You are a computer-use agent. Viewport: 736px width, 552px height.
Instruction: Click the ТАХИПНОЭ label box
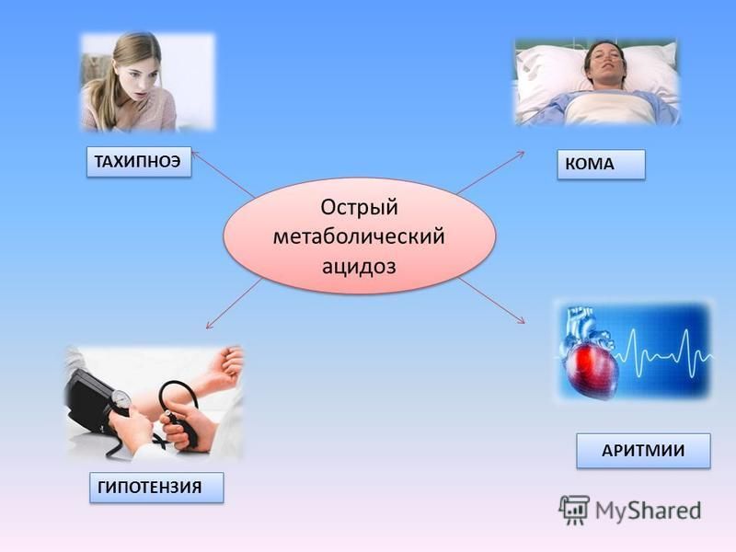(x=139, y=162)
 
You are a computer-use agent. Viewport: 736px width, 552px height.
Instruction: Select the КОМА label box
(x=602, y=165)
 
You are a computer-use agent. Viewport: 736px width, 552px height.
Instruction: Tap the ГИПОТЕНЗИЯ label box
(x=156, y=488)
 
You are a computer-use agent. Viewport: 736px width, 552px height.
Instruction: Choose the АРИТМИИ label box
(x=643, y=451)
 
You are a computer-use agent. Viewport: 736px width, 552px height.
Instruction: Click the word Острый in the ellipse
(x=359, y=207)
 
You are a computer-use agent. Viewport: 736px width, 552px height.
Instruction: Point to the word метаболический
(x=359, y=236)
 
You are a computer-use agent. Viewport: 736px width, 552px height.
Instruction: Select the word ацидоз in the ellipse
(x=359, y=266)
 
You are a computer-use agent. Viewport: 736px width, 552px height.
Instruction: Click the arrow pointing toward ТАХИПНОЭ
(x=224, y=174)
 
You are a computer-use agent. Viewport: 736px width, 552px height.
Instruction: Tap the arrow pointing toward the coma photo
(x=491, y=172)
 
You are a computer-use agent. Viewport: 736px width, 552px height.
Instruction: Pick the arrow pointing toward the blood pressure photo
(x=235, y=304)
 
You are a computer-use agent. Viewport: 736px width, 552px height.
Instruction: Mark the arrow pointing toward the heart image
(x=491, y=300)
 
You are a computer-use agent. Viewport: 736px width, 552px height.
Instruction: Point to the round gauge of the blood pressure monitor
(x=121, y=398)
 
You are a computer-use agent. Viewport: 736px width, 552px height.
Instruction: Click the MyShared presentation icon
(x=573, y=510)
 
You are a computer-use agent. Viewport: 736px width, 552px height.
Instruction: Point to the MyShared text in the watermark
(x=649, y=511)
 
